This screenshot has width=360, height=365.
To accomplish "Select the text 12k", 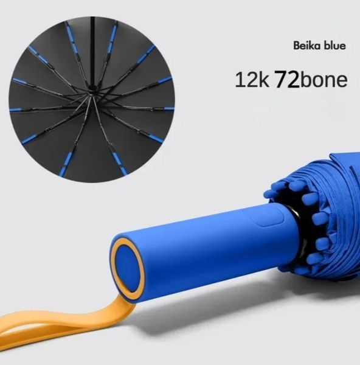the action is coord(252,79).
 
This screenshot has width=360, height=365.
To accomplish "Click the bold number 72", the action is coord(287,79).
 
